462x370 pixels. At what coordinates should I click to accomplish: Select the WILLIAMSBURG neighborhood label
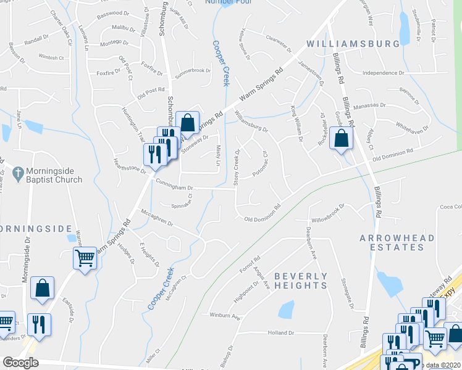pos(353,44)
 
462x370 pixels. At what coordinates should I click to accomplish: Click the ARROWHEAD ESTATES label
pos(393,242)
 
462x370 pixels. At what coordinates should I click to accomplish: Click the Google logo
pos(20,363)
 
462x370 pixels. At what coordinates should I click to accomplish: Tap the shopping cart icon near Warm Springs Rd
pos(85,258)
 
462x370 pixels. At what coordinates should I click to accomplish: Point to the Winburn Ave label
pos(224,317)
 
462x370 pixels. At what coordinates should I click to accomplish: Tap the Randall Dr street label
pos(36,40)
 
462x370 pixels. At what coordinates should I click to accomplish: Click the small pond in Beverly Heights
pos(286,310)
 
